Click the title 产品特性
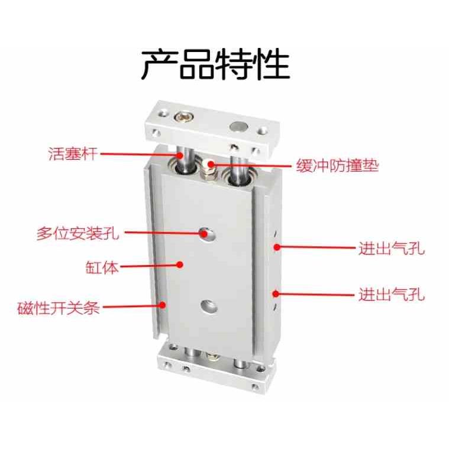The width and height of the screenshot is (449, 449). pyautogui.click(x=215, y=64)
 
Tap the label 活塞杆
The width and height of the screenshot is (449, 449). pyautogui.click(x=72, y=155)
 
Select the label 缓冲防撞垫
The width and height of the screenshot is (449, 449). pyautogui.click(x=334, y=165)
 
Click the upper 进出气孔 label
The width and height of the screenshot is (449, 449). pyautogui.click(x=392, y=248)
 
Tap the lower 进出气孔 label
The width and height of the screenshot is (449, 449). pyautogui.click(x=392, y=294)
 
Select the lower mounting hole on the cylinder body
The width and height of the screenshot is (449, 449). pyautogui.click(x=206, y=306)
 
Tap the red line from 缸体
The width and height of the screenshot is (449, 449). pyautogui.click(x=148, y=267)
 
